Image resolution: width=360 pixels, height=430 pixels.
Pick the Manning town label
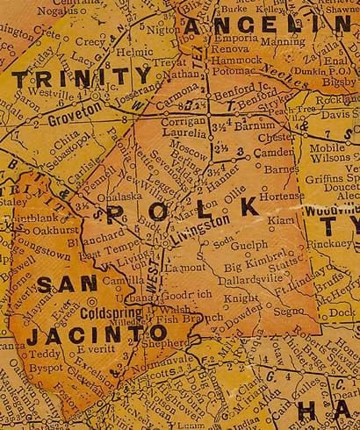pos(284,40)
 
